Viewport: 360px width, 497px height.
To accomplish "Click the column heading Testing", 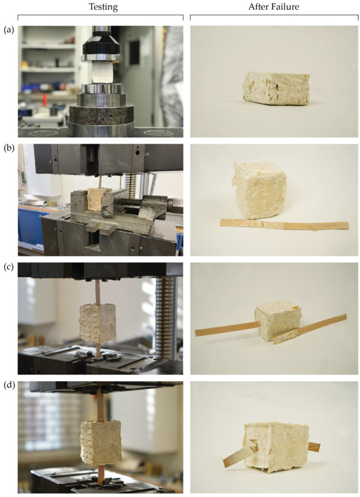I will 100,8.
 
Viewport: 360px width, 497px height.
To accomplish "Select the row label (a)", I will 8,30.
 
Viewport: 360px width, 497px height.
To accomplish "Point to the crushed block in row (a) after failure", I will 276,88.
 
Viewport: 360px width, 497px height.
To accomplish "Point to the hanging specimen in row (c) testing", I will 98,322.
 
